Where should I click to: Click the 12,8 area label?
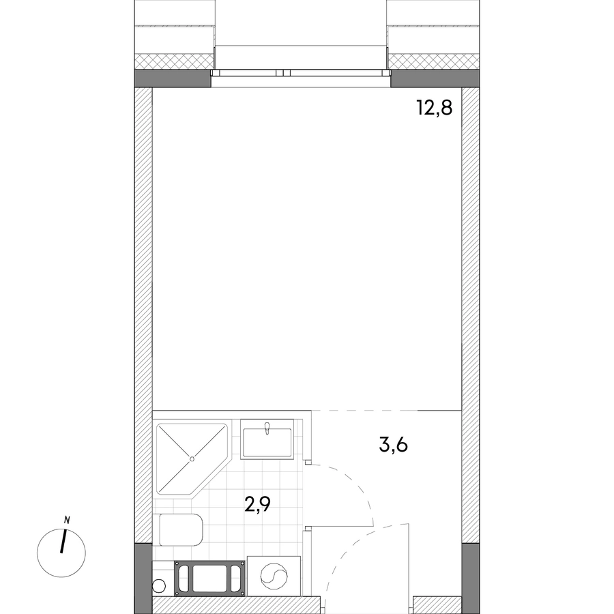[x=435, y=108]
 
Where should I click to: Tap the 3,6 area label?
[x=394, y=445]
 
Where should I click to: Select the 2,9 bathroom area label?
[x=257, y=505]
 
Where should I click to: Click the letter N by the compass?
[x=67, y=521]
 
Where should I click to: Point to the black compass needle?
[x=63, y=542]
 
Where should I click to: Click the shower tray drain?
[x=192, y=459]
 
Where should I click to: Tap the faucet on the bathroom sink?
[x=267, y=428]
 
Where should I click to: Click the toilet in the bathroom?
[x=181, y=530]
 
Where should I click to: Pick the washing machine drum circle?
[x=274, y=576]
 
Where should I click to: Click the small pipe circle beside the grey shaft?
[x=159, y=586]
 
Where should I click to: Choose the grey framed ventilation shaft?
[x=210, y=578]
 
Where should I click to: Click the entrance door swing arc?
[x=345, y=549]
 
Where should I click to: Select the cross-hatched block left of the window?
[x=175, y=61]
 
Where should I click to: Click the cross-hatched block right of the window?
[x=433, y=61]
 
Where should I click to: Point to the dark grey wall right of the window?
[x=435, y=78]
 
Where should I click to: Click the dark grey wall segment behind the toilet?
[x=143, y=579]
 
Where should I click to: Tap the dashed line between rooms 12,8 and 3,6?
[x=364, y=411]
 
